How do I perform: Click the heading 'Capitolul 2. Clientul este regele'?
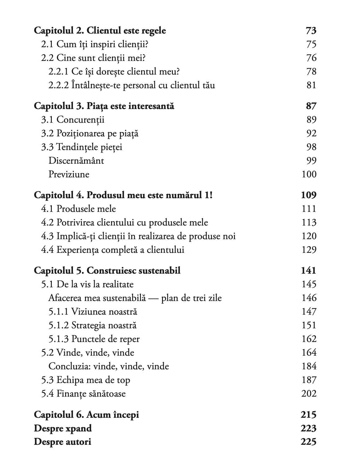click(100, 31)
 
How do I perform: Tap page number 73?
click(311, 31)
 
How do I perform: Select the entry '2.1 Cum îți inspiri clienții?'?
click(95, 44)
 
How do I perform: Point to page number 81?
click(311, 85)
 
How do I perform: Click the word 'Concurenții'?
click(80, 120)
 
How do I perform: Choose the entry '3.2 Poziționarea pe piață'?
click(90, 133)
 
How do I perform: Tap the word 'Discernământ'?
click(76, 161)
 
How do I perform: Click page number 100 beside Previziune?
click(309, 174)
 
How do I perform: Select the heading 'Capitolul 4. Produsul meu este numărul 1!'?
click(123, 195)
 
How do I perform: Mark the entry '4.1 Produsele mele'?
click(78, 209)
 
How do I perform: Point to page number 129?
click(309, 250)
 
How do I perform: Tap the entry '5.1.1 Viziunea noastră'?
click(92, 312)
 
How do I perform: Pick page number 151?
click(309, 325)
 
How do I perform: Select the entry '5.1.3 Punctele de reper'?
click(94, 339)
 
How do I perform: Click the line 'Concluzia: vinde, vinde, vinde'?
click(109, 366)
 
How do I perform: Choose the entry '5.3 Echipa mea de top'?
click(85, 380)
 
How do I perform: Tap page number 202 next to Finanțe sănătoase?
click(309, 394)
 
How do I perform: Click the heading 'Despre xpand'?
click(63, 428)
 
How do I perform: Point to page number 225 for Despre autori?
click(308, 442)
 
